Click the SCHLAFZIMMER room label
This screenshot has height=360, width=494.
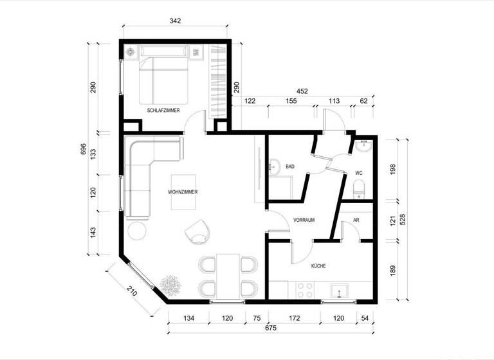(163, 111)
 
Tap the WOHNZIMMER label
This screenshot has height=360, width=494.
(183, 192)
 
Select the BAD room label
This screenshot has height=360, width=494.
(290, 166)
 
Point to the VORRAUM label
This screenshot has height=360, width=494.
(303, 220)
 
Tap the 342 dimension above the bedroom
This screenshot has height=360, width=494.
(175, 21)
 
